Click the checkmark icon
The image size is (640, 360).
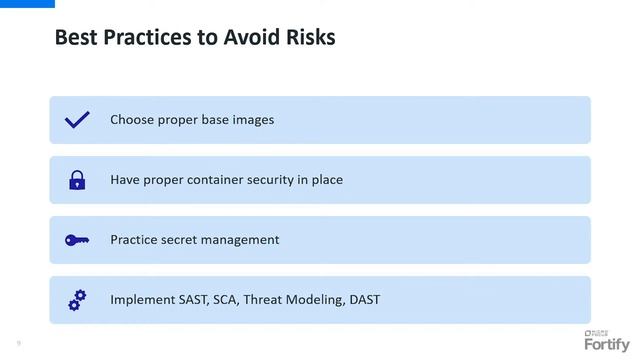click(x=77, y=120)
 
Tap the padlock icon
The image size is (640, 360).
click(x=77, y=180)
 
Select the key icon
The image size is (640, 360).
click(x=77, y=240)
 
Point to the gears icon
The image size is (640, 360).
click(x=77, y=299)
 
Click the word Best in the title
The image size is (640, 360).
click(x=74, y=38)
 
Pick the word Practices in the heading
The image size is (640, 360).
click(x=143, y=38)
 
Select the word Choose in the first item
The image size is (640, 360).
click(x=134, y=120)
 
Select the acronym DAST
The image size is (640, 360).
click(x=364, y=300)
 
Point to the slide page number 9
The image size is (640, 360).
click(x=17, y=343)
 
